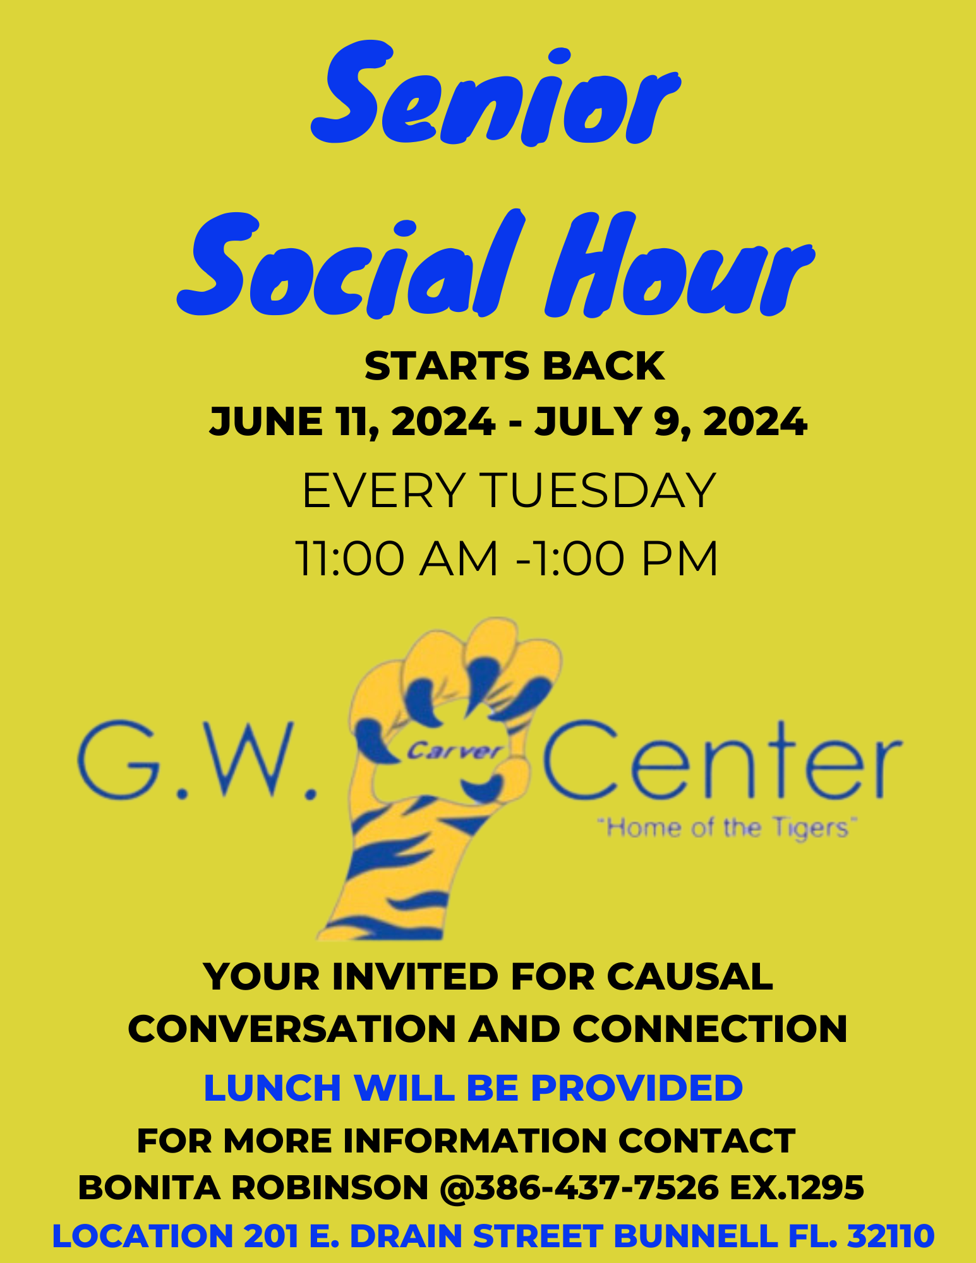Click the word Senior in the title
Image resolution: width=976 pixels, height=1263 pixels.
[496, 95]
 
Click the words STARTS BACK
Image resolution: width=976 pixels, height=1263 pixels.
[514, 366]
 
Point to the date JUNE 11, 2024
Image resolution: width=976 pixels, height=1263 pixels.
[352, 422]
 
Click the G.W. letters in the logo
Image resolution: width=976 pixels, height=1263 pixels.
[196, 761]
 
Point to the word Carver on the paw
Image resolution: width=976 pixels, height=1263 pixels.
[454, 751]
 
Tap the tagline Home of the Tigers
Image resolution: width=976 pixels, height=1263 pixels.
[726, 828]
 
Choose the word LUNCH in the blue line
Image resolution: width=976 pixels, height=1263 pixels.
[274, 1088]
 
